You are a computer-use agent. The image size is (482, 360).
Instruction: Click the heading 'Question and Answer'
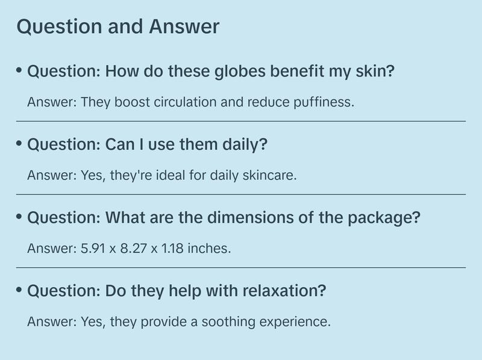pyautogui.click(x=117, y=27)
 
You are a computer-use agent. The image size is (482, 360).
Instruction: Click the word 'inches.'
pyautogui.click(x=211, y=248)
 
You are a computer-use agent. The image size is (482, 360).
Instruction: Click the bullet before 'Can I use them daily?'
pyautogui.click(x=19, y=144)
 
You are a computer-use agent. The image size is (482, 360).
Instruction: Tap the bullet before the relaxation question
pyautogui.click(x=19, y=291)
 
